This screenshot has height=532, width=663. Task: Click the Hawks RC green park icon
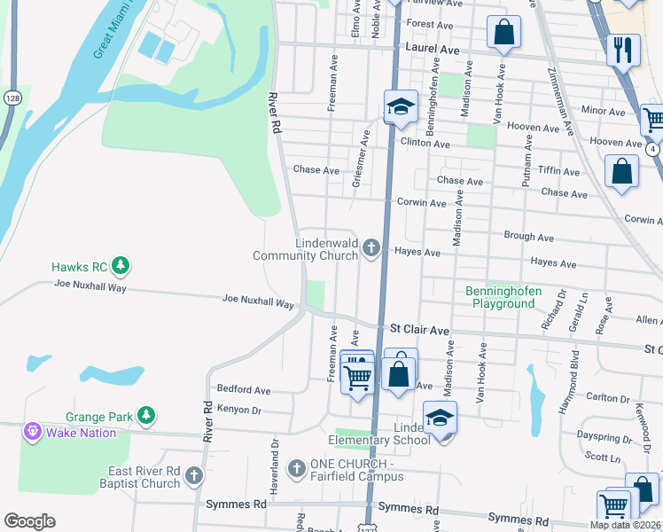click(121, 265)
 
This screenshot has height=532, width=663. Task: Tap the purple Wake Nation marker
click(33, 432)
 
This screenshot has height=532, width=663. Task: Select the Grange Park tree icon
click(146, 415)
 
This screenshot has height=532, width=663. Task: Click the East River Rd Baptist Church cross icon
click(193, 477)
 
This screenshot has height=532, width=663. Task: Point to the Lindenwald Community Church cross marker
click(373, 249)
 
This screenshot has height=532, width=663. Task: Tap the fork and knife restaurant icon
click(623, 50)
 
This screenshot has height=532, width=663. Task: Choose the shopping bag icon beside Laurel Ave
click(503, 34)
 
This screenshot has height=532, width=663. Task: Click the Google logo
click(29, 521)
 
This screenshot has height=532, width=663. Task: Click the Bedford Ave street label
click(244, 389)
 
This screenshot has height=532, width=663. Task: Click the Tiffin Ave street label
click(558, 171)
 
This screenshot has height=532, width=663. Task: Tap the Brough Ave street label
click(528, 238)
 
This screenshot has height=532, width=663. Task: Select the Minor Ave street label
click(604, 112)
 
